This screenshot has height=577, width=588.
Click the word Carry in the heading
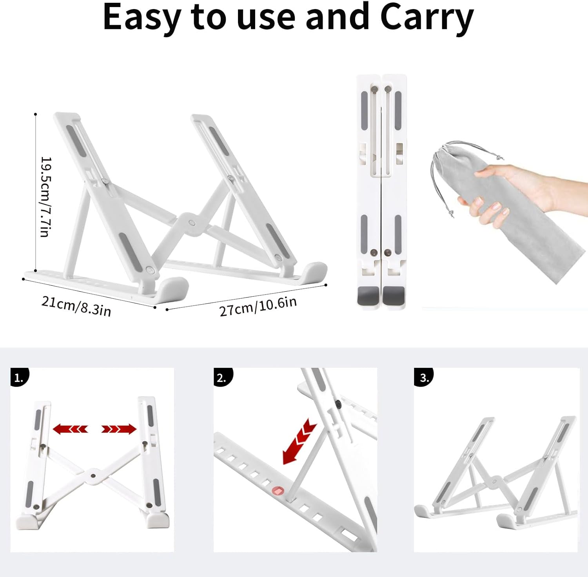click(427, 18)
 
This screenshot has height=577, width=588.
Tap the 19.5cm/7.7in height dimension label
click(46, 197)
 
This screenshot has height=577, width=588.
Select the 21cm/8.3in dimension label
click(76, 306)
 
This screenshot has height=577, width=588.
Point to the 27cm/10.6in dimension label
click(258, 306)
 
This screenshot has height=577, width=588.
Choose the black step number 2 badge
click(223, 377)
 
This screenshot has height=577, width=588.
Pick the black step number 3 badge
click(423, 377)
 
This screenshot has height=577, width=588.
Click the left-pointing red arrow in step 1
click(70, 429)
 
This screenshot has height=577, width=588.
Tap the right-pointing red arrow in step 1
click(119, 429)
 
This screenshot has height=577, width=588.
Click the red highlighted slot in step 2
click(278, 491)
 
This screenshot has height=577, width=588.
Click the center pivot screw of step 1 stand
click(93, 476)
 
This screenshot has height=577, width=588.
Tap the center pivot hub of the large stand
click(191, 223)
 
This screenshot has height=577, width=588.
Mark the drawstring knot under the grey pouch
click(451, 214)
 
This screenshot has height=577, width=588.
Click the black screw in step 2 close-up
click(338, 404)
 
